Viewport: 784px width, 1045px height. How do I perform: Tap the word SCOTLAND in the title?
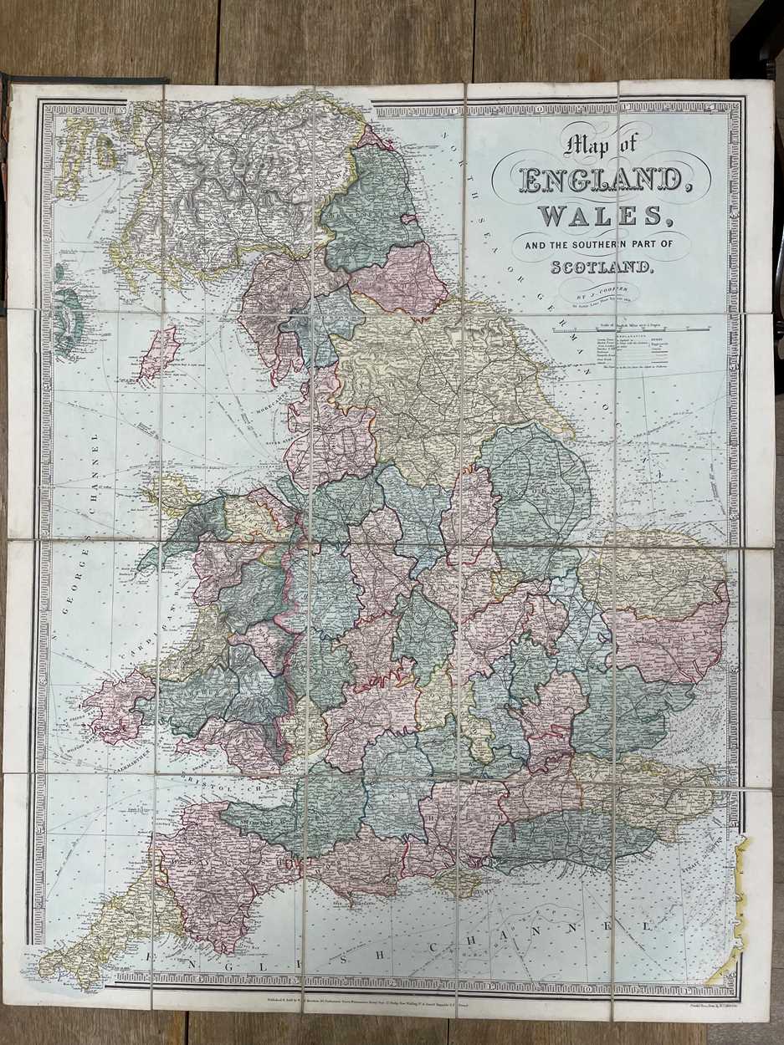pyautogui.click(x=601, y=268)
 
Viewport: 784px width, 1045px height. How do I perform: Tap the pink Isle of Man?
pyautogui.click(x=161, y=351)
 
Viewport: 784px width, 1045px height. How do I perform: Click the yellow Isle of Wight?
pyautogui.click(x=459, y=881)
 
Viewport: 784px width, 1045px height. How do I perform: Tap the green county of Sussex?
pyautogui.click(x=569, y=836)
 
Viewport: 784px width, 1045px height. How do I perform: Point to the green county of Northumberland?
pyautogui.click(x=368, y=209)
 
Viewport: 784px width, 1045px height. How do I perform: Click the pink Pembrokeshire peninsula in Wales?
pyautogui.click(x=117, y=702)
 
